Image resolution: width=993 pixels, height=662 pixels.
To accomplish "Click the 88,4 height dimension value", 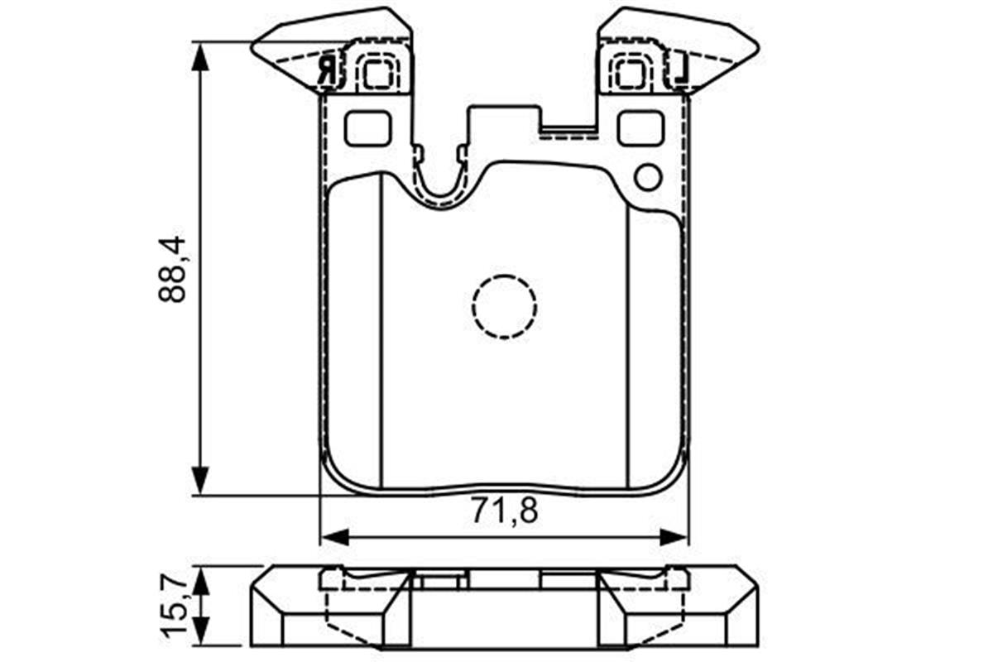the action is click(172, 270).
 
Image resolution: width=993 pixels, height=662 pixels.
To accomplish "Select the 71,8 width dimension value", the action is click(504, 510).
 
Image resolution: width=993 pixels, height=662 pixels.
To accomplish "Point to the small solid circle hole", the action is click(648, 177).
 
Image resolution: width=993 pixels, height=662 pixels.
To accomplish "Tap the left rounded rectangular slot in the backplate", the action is click(367, 128).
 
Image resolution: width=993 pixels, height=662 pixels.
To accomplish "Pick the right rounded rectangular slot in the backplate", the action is click(641, 128).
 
